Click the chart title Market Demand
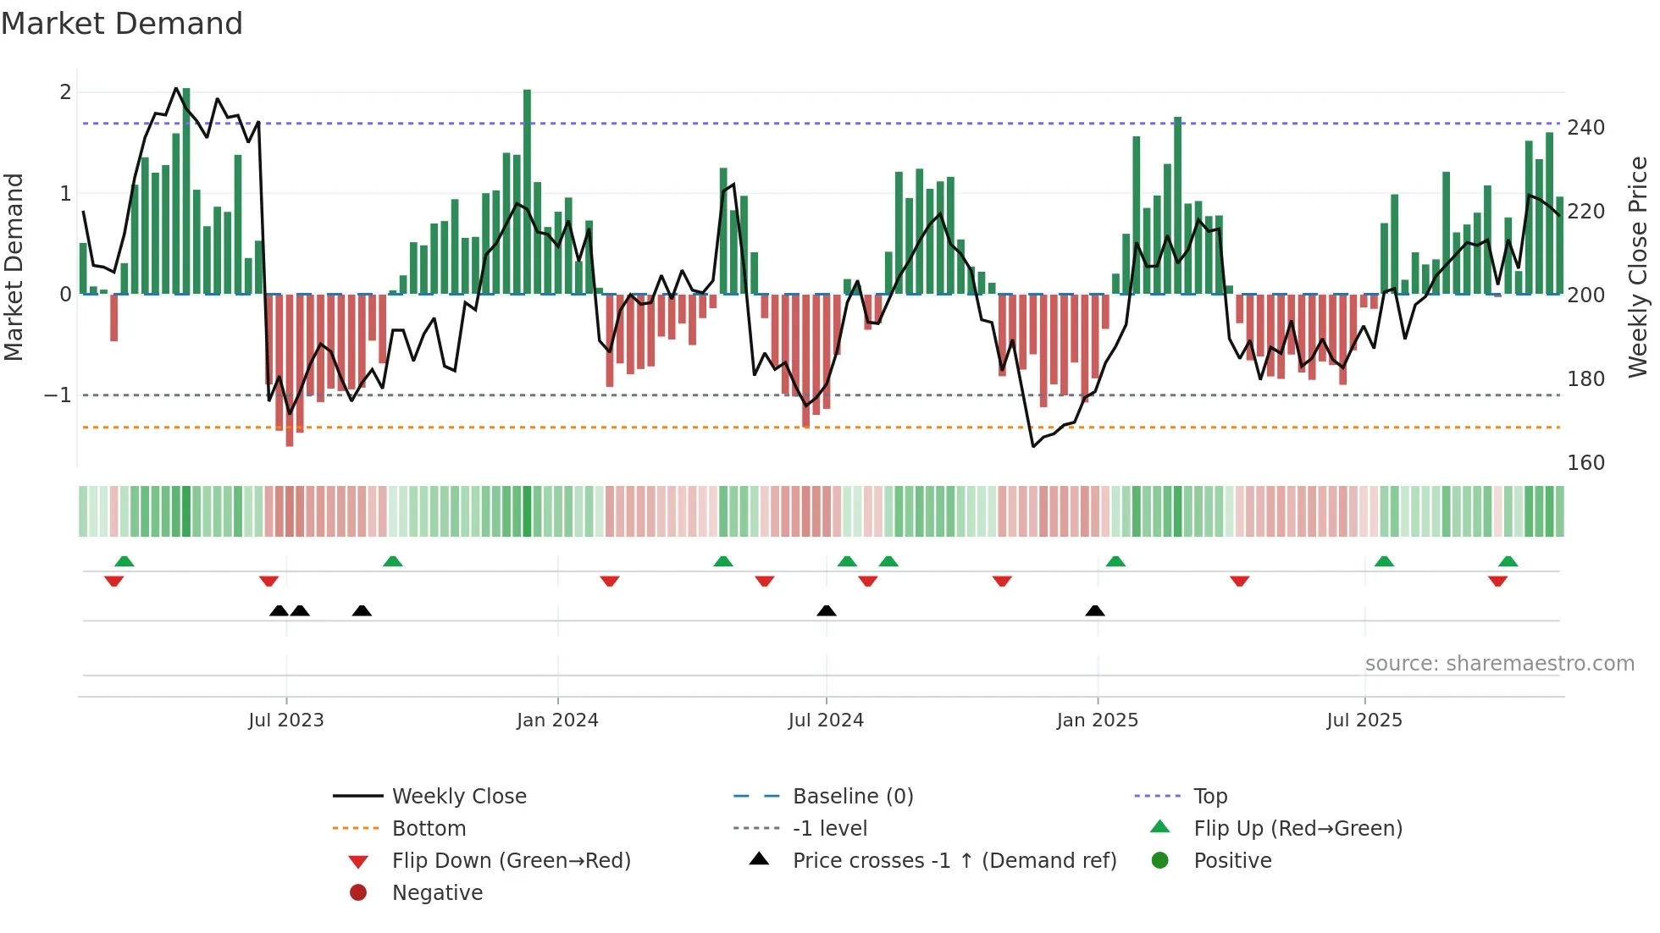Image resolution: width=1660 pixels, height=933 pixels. pos(122,24)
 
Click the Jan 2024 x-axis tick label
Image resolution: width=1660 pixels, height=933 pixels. pos(557,720)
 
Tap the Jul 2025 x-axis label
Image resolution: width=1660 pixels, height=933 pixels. pos(1364,720)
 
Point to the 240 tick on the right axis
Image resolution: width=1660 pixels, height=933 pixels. pos(1585,128)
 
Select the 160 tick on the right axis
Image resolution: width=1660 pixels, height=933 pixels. pos(1585,463)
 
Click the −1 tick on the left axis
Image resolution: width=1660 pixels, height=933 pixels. pos(58,395)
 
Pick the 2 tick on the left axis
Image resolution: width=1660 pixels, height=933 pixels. pos(65,92)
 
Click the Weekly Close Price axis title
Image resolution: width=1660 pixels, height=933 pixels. pos(1638,267)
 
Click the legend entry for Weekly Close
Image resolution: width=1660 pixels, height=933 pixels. pos(458,797)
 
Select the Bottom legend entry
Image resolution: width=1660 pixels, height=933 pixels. pos(429,829)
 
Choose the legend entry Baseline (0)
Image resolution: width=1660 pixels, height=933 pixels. pos(852,797)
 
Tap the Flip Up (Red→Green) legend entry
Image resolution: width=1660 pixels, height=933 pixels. pos(1298,829)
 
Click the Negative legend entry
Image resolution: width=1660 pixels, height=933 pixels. pos(437,893)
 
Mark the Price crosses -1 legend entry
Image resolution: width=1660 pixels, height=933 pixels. pos(954,861)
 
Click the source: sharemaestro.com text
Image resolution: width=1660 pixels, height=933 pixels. pos(1499,664)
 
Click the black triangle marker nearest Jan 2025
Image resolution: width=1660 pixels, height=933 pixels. pos(1095,611)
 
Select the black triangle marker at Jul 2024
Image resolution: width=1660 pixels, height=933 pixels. pos(827,611)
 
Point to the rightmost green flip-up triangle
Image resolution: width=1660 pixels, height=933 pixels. pos(1508,561)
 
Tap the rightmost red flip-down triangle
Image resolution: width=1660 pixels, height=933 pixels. pos(1497,581)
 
